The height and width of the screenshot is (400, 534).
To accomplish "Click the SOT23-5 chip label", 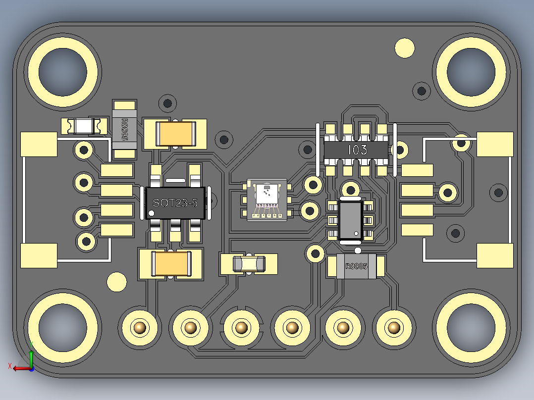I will click(x=175, y=202).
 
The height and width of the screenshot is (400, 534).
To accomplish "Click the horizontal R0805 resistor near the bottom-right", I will click(x=356, y=266).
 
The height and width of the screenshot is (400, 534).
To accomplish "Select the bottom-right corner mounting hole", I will click(x=471, y=327).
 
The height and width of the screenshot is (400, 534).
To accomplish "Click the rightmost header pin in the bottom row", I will click(x=393, y=327).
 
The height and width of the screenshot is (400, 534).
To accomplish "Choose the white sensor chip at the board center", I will click(x=266, y=200).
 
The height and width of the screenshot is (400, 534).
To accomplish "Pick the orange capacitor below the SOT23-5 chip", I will click(x=171, y=263).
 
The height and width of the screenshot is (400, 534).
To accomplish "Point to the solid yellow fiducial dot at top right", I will click(x=405, y=48).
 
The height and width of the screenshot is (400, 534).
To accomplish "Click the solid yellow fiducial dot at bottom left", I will click(x=117, y=282).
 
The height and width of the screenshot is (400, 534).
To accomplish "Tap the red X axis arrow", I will click(x=19, y=368).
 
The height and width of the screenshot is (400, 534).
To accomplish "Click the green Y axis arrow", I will click(x=31, y=355).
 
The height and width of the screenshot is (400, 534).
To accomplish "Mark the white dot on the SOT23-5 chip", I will click(x=152, y=213).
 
